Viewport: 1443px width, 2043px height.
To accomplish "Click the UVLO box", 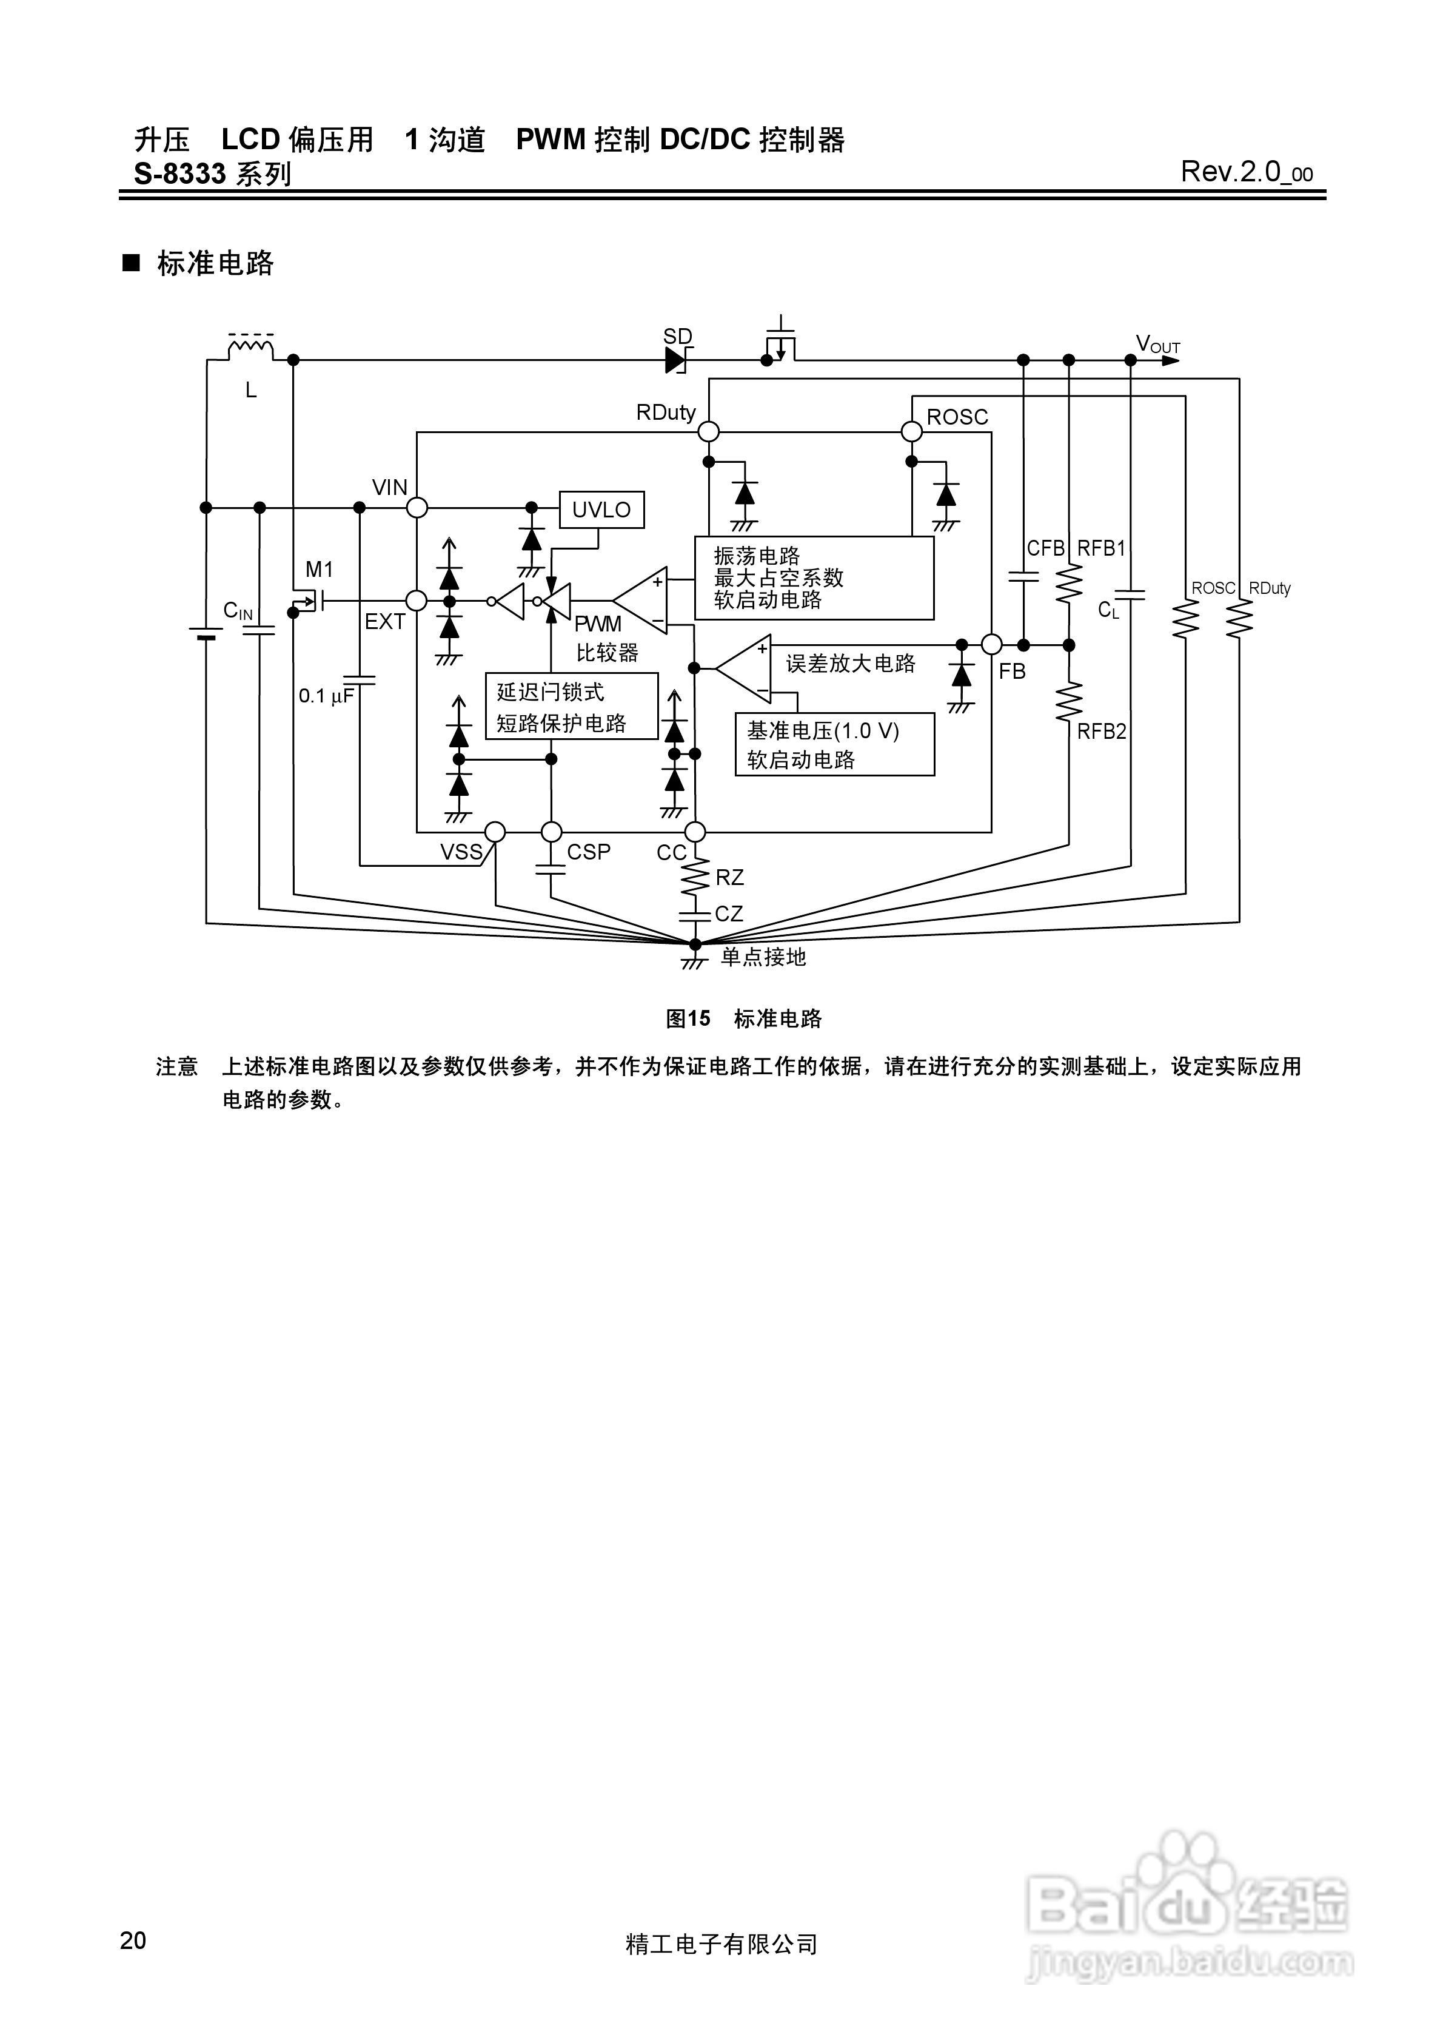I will pyautogui.click(x=601, y=510).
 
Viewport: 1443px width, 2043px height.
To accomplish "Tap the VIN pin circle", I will pyautogui.click(x=417, y=507).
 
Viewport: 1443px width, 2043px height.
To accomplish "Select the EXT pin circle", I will pyautogui.click(x=417, y=601).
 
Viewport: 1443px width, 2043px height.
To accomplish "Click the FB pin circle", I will pyautogui.click(x=992, y=644).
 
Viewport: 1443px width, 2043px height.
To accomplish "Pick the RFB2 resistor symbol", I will pyautogui.click(x=1068, y=701).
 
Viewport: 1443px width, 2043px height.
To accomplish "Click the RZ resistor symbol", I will pyautogui.click(x=695, y=877).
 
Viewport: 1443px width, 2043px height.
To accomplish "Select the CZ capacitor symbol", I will pyautogui.click(x=695, y=914).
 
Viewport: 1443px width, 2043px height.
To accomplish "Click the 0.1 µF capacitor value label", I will pyautogui.click(x=326, y=696).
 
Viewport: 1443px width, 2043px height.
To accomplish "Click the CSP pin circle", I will pyautogui.click(x=552, y=832).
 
